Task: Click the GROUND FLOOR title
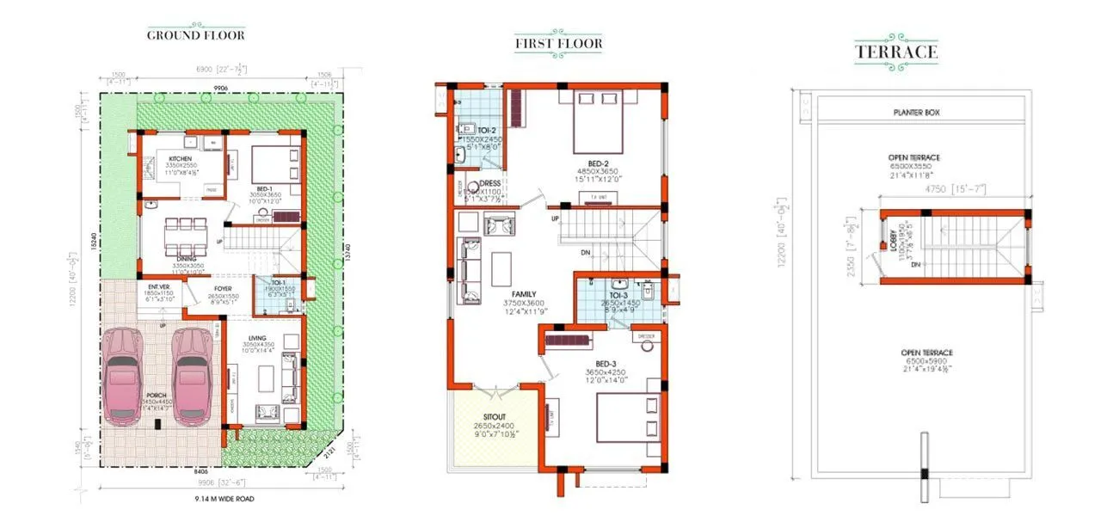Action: (x=195, y=35)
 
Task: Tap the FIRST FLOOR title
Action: (x=558, y=43)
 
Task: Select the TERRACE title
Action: (x=895, y=52)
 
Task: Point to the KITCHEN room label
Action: (x=180, y=159)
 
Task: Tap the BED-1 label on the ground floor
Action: (x=264, y=188)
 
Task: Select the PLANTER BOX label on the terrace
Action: (x=920, y=113)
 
